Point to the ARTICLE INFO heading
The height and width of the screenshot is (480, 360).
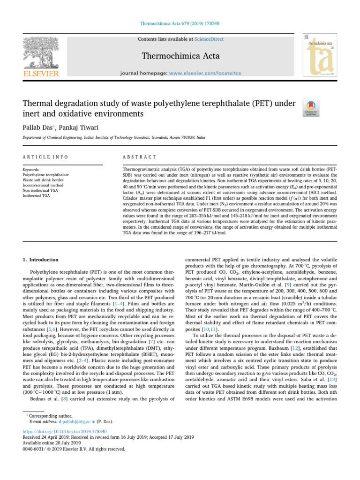pos(45,157)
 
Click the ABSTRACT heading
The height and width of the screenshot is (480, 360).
pos(139,157)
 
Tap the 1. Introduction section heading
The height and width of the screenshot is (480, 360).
pos(41,260)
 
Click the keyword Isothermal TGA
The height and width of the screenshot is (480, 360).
pos(37,195)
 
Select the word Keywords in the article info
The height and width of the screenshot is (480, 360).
pos(31,169)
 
